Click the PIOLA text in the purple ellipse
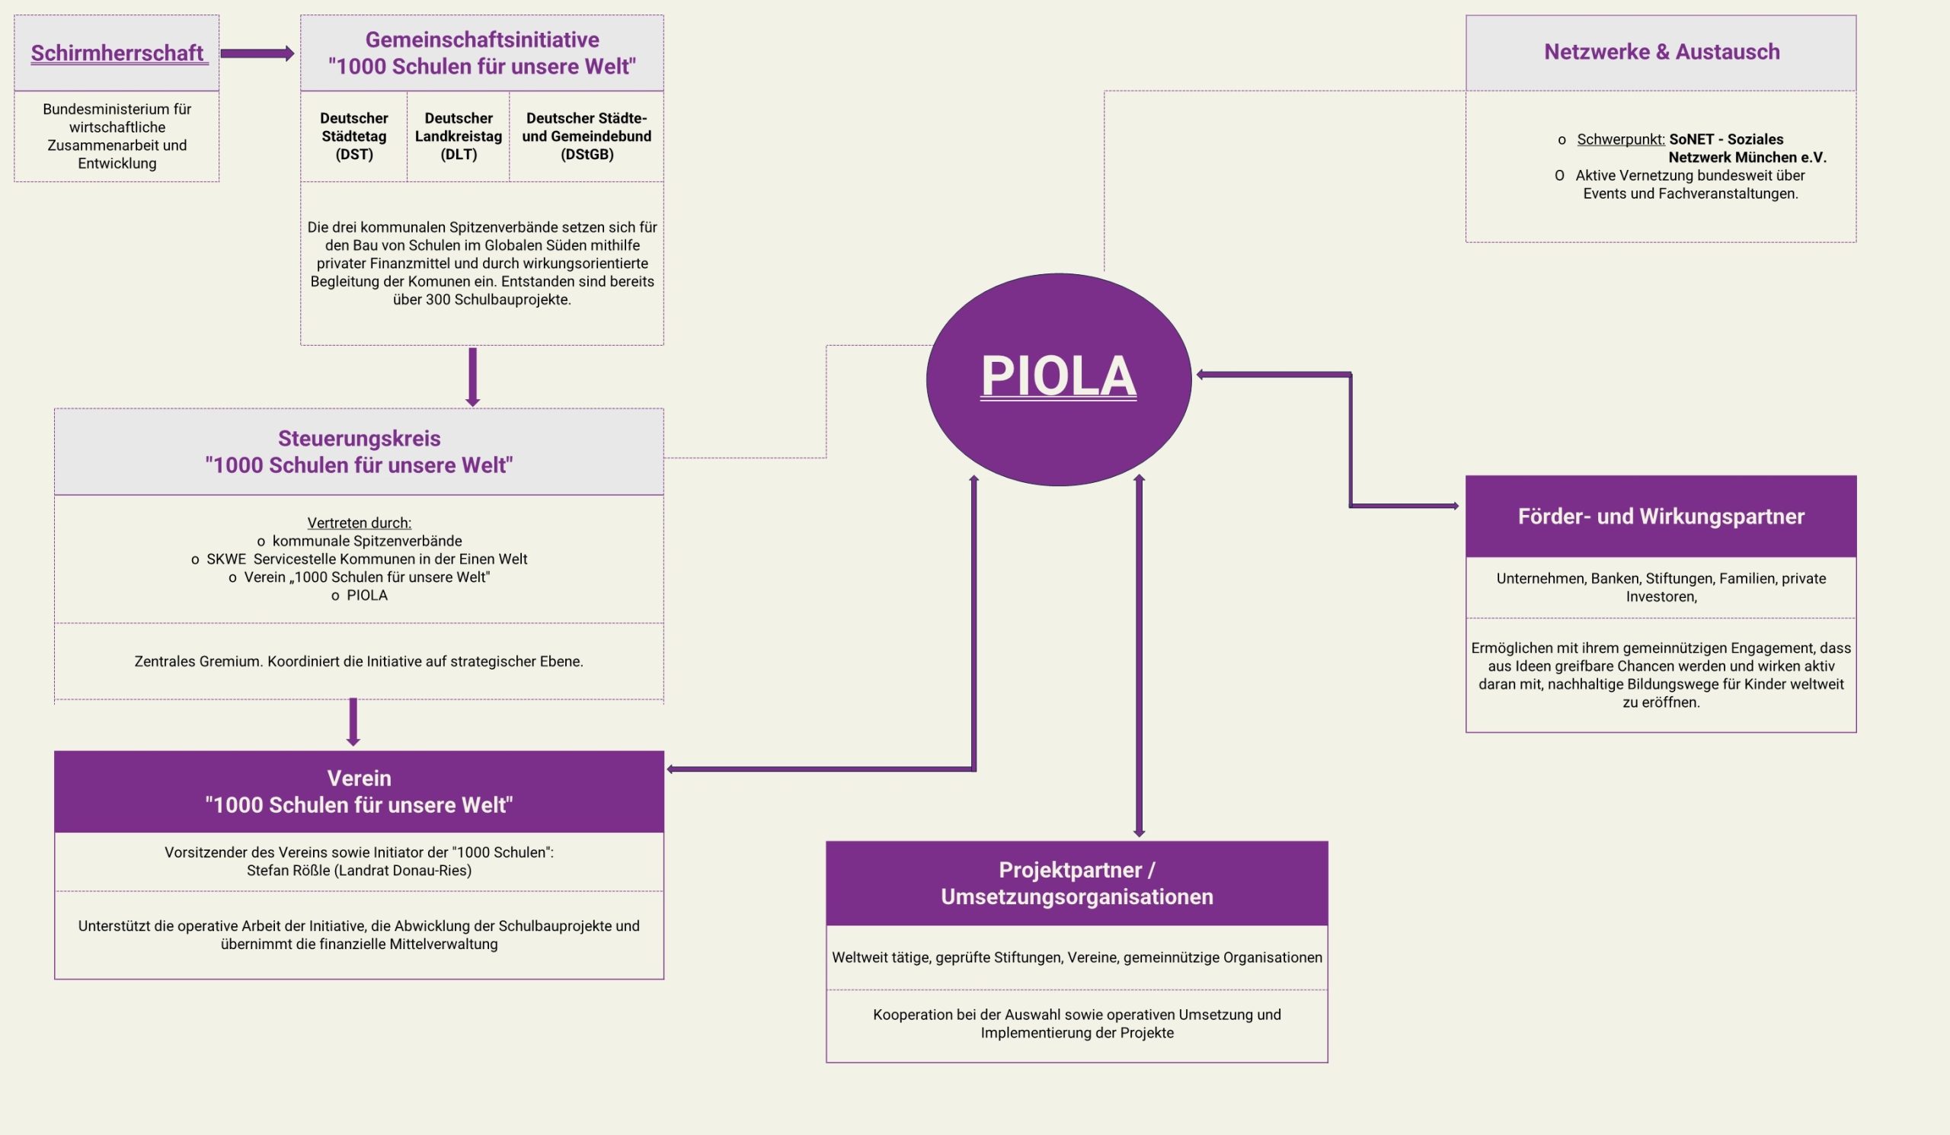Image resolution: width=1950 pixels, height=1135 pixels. (x=1058, y=377)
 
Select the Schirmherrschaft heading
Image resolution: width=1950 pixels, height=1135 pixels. (x=117, y=53)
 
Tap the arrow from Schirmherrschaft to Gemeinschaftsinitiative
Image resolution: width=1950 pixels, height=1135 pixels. (x=257, y=53)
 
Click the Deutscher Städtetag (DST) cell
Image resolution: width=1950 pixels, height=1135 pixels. (x=353, y=136)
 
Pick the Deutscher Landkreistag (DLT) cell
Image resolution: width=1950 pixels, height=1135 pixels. (x=458, y=136)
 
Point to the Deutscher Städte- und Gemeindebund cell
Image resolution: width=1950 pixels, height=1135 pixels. (x=587, y=136)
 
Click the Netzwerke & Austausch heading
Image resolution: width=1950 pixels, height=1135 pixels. (x=1661, y=52)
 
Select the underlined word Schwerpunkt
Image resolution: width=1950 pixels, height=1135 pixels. (x=1620, y=139)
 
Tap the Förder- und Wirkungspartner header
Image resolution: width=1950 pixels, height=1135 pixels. (x=1661, y=516)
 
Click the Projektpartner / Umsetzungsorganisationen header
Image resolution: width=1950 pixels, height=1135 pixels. (x=1076, y=883)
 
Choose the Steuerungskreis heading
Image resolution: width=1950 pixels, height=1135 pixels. (x=359, y=451)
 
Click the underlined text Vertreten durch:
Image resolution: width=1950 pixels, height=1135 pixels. (x=359, y=523)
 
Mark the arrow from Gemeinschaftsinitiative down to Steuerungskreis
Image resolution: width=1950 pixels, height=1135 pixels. (x=473, y=377)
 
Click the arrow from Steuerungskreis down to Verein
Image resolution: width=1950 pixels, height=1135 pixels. (x=353, y=721)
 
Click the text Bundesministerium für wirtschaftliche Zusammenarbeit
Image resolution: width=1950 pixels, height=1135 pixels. (x=117, y=136)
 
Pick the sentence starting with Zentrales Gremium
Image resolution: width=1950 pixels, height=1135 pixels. (x=358, y=661)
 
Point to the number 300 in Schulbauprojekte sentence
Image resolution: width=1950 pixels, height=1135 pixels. (x=438, y=299)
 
